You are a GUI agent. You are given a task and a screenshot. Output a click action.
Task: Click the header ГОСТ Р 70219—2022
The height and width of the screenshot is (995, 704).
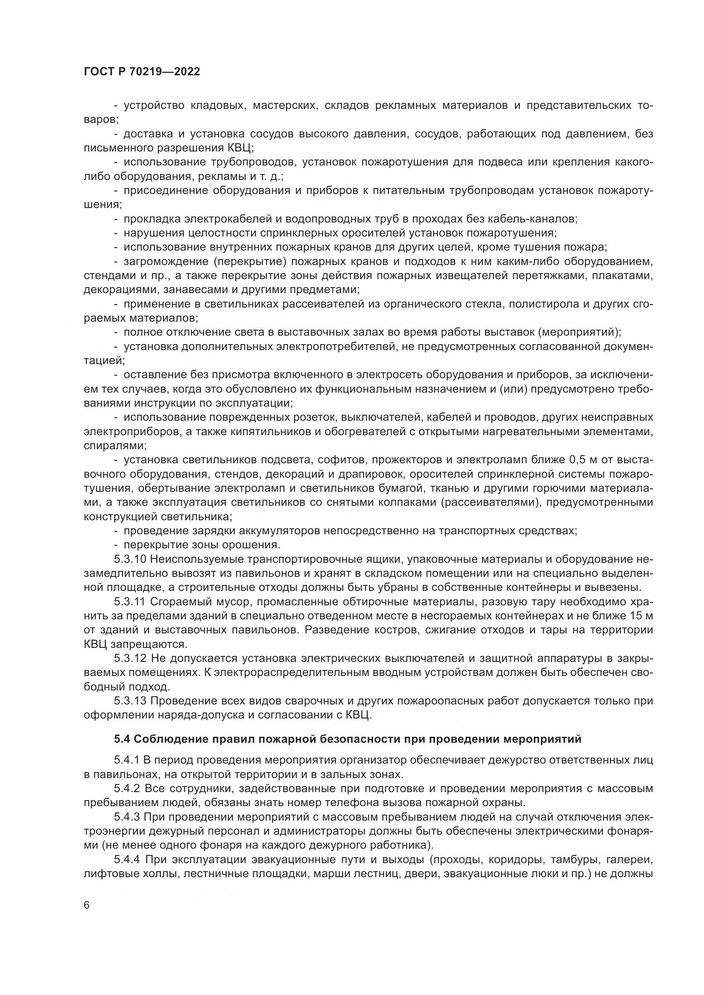click(x=142, y=72)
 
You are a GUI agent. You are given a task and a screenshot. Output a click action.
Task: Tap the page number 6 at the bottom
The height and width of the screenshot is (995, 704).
click(x=87, y=905)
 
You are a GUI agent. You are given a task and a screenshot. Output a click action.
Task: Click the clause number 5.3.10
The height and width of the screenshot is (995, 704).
click(x=130, y=559)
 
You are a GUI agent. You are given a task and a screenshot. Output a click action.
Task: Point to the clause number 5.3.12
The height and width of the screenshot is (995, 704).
click(x=130, y=659)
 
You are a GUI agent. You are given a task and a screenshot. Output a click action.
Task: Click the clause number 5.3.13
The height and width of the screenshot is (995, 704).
click(x=130, y=701)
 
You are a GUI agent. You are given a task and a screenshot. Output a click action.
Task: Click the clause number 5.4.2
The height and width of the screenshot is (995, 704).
click(x=126, y=788)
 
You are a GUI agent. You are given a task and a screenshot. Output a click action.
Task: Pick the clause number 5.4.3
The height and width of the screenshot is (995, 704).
click(x=126, y=817)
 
